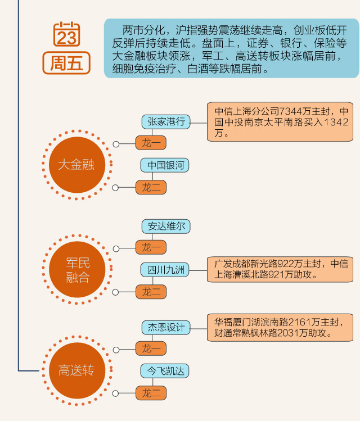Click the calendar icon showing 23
66,34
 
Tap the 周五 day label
66,62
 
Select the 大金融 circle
76,165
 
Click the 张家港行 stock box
166,121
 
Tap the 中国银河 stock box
165,165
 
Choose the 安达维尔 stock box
166,227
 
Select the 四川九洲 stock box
165,270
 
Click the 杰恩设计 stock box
166,328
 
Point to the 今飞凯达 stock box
165,371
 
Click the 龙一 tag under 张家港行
151,143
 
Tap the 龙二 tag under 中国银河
151,187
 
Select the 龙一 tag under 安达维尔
151,248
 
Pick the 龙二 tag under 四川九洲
151,292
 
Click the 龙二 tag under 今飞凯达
151,392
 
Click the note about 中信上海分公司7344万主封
280,121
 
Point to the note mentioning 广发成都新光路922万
280,269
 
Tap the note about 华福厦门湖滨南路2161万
280,327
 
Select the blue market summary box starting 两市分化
231,48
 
